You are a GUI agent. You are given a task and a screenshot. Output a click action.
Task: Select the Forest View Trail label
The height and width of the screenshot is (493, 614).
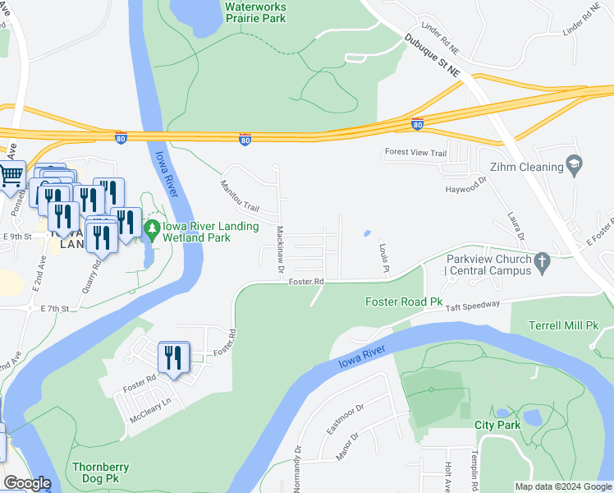pos(415,153)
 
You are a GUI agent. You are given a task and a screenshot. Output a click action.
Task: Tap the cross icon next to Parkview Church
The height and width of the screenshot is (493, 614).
pos(541,263)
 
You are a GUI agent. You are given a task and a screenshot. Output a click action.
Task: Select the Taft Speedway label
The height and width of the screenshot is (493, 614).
pos(472,304)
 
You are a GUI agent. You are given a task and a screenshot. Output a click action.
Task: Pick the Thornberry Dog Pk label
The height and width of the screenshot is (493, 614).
pos(101,472)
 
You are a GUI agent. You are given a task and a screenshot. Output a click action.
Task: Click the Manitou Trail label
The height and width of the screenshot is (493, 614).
pos(239,196)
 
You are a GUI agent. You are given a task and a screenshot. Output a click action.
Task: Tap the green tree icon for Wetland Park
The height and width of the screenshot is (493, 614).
pos(150,227)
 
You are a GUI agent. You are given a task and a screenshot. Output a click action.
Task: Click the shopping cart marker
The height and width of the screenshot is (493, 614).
pos(11,175)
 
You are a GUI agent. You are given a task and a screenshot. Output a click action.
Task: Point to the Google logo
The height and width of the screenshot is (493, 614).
pos(26,483)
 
